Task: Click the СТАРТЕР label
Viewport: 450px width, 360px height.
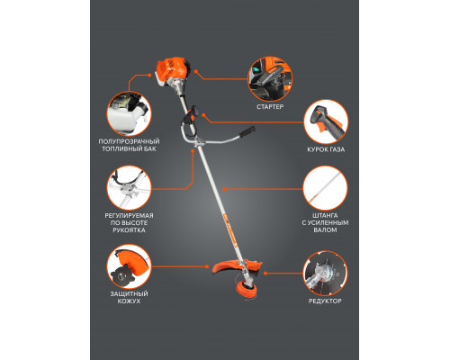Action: pos(270,106)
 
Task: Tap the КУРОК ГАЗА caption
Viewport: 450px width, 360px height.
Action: pos(326,149)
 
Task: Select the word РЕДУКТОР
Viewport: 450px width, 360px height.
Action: pos(325,301)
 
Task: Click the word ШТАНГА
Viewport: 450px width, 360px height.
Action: pos(325,215)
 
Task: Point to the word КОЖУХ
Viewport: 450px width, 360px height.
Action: pos(129,301)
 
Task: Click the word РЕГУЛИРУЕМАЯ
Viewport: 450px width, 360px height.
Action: pos(129,215)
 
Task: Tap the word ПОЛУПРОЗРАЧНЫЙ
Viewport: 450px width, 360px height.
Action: pos(129,141)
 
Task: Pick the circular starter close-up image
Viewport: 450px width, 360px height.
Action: pos(270,79)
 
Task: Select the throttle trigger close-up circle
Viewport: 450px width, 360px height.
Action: pos(326,121)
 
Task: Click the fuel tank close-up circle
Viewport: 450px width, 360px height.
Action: pos(129,114)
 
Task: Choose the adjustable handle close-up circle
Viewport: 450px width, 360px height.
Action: pos(129,188)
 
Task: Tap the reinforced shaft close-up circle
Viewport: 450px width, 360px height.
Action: pos(325,188)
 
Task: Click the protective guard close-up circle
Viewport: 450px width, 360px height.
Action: pos(129,266)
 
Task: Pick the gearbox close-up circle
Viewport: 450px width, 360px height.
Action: pos(325,274)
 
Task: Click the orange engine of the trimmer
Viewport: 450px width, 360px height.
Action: pos(171,72)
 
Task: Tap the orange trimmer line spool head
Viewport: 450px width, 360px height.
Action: pos(247,290)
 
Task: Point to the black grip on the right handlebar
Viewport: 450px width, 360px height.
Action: pos(247,131)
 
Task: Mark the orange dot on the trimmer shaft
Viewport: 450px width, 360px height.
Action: pos(224,189)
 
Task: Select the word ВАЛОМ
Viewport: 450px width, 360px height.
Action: pos(325,230)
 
